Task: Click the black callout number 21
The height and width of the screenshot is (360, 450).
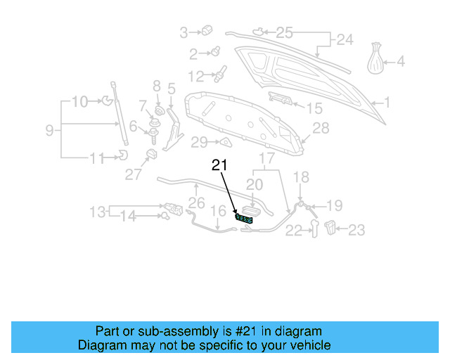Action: point(220,166)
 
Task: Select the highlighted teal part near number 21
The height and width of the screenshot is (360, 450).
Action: point(244,220)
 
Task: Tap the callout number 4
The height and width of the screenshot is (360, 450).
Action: point(401,62)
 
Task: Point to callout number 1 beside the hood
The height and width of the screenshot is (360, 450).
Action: point(386,103)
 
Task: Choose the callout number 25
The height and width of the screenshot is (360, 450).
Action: point(283,32)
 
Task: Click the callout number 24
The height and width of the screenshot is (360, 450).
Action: point(344,39)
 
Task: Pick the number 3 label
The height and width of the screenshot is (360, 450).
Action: point(184,32)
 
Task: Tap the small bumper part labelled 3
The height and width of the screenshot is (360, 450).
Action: point(207,30)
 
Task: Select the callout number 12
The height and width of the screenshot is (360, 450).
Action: point(195,75)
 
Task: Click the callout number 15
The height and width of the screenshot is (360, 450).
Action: point(314,108)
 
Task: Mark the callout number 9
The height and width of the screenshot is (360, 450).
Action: point(49,130)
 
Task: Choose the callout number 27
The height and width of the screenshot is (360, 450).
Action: point(134,175)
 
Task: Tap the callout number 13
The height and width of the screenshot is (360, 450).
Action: point(97,211)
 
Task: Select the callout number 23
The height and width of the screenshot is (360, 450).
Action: point(357,229)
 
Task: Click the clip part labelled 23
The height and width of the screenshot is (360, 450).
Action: point(333,226)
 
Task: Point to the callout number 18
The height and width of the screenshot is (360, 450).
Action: point(301,177)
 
